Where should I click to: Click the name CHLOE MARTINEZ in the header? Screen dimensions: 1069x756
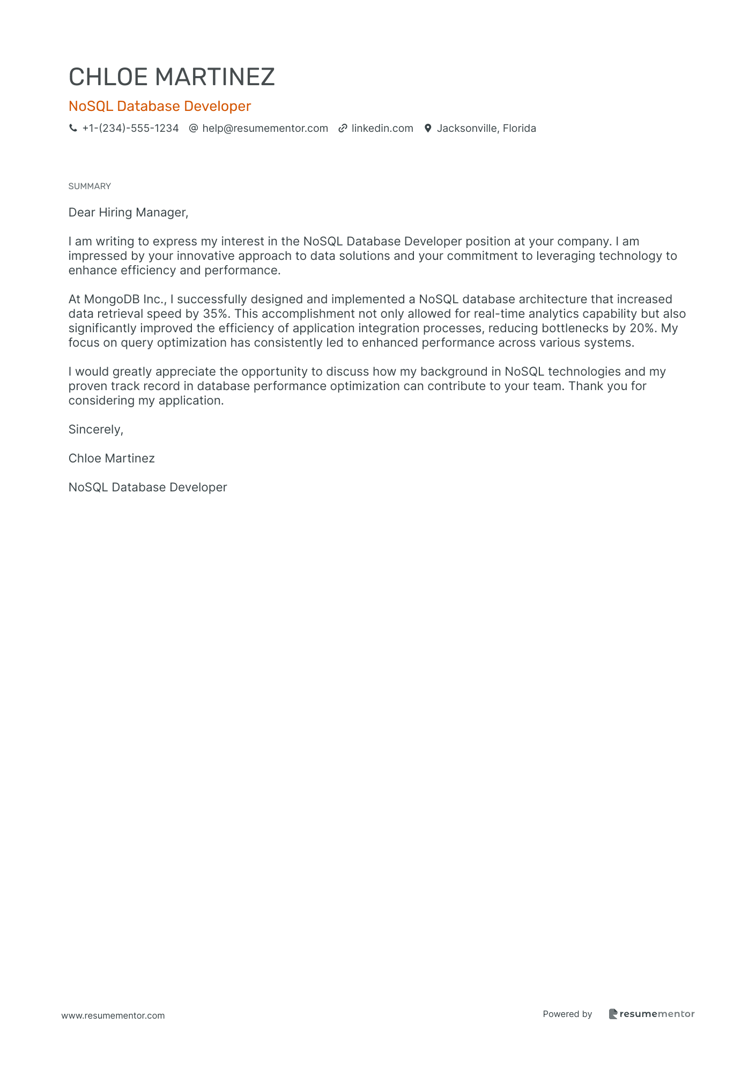(x=172, y=77)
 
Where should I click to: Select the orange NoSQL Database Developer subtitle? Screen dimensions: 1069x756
(x=159, y=106)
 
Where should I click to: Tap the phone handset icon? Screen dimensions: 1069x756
(x=73, y=129)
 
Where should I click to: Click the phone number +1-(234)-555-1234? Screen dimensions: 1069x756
(x=130, y=129)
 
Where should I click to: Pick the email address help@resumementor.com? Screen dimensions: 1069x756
(x=265, y=129)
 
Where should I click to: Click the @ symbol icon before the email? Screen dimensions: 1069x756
(x=194, y=129)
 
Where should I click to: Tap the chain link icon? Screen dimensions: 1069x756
(x=343, y=129)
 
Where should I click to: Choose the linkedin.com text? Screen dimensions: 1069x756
(x=382, y=129)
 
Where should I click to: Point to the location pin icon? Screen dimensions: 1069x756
(x=428, y=129)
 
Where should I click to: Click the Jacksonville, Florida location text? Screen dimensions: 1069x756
(x=486, y=129)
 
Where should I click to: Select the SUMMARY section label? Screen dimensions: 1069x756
(x=90, y=186)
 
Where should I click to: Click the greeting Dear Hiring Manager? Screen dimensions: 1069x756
(x=128, y=213)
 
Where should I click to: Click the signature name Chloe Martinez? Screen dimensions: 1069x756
(x=112, y=459)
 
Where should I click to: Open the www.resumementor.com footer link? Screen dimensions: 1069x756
(x=113, y=1016)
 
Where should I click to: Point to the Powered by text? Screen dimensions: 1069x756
(x=567, y=1014)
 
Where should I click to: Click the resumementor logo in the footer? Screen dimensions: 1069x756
(x=651, y=1014)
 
